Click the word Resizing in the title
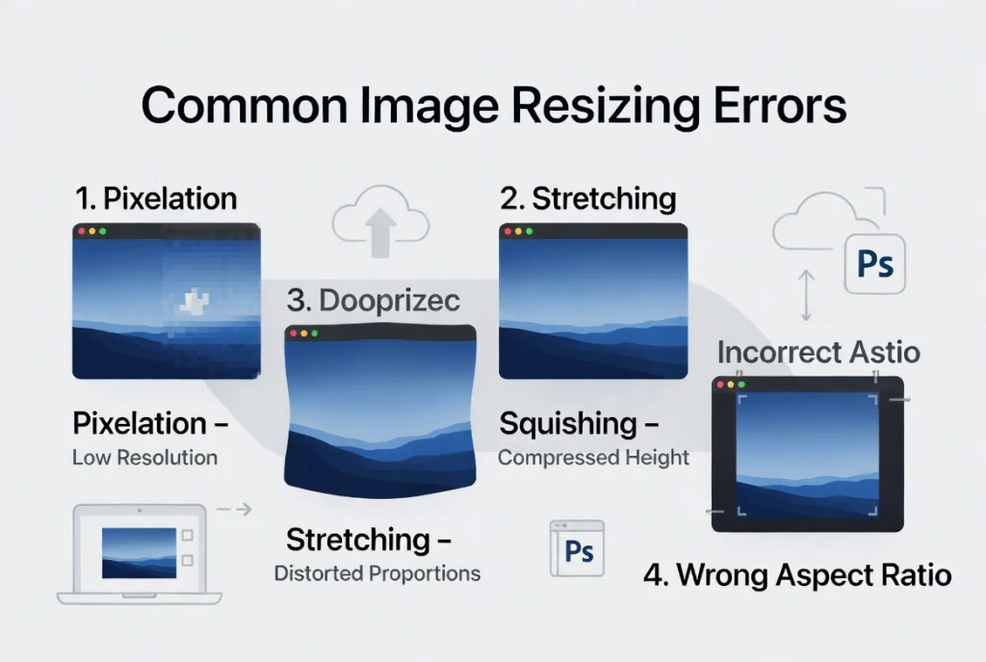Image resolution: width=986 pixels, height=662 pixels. [605, 106]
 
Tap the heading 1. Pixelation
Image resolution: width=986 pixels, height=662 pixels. [156, 199]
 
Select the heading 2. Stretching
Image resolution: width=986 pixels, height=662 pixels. [588, 199]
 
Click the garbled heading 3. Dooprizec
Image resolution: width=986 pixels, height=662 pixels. [374, 301]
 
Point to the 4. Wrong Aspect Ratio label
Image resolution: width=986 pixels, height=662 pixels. [797, 575]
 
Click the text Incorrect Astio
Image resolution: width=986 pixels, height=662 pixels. [818, 353]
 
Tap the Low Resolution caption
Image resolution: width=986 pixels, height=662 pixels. [145, 458]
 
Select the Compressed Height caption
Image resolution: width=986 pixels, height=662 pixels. [593, 458]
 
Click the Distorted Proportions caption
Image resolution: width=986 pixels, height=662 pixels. [377, 573]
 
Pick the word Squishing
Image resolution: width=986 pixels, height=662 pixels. [568, 423]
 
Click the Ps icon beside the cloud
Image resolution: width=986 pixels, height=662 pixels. [875, 264]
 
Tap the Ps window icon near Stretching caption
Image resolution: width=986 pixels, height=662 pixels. [578, 548]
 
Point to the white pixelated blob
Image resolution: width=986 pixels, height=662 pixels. [195, 303]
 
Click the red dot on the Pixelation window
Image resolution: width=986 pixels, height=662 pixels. [82, 231]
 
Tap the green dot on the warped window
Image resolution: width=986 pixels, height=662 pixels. [315, 333]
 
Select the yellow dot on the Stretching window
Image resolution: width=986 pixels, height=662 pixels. [519, 231]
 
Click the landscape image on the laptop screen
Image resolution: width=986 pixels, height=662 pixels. [139, 553]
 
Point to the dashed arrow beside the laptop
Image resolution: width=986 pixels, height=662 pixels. [234, 509]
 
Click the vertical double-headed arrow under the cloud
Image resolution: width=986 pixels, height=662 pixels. [806, 295]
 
